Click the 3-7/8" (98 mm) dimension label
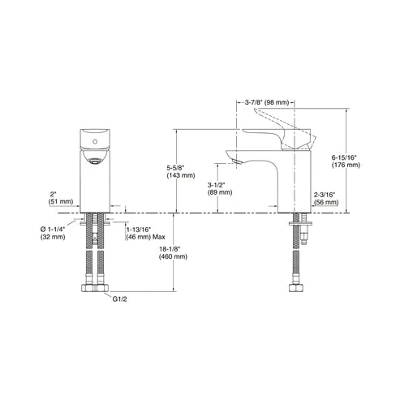267,103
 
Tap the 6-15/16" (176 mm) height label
346,161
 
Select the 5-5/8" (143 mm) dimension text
180,171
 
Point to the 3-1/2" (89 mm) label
220,189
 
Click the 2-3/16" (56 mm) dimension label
326,198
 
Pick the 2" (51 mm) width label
61,198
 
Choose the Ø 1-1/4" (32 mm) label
53,233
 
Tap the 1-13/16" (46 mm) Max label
145,233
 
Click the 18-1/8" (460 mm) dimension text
173,252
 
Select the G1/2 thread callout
120,299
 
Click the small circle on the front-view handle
95,141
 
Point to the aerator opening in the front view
94,162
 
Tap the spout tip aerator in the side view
236,161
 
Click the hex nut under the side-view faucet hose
296,288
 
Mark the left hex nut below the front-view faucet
88,288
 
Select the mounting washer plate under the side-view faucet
300,223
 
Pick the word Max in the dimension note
159,237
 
